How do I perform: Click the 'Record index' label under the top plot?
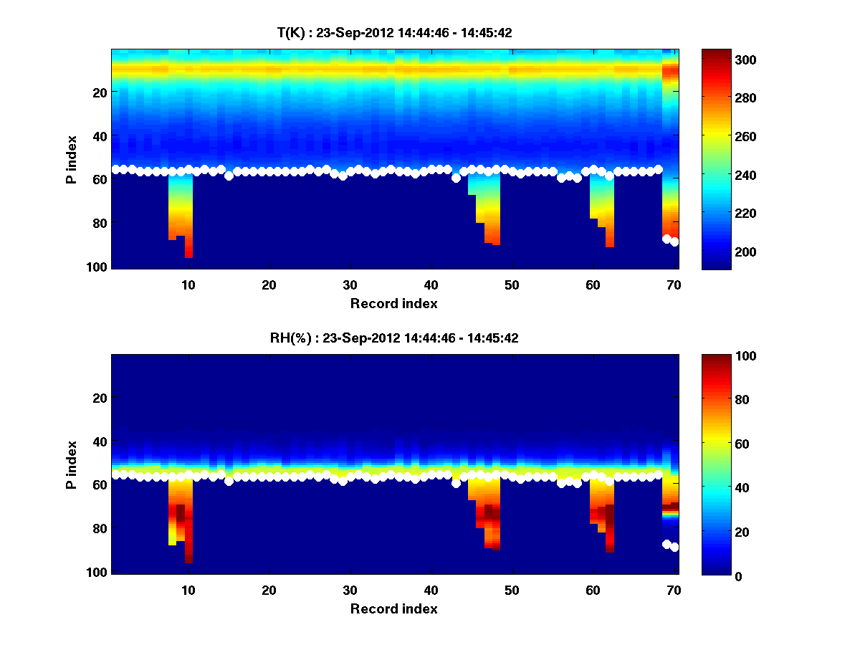pyautogui.click(x=393, y=303)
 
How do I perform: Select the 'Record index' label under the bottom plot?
pyautogui.click(x=393, y=608)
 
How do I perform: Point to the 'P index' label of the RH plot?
pyautogui.click(x=72, y=464)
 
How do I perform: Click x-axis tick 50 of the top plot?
pyautogui.click(x=511, y=285)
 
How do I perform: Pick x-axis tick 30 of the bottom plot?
pyautogui.click(x=350, y=590)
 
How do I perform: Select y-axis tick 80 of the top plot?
pyautogui.click(x=99, y=223)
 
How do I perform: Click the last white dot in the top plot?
pyautogui.click(x=674, y=242)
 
